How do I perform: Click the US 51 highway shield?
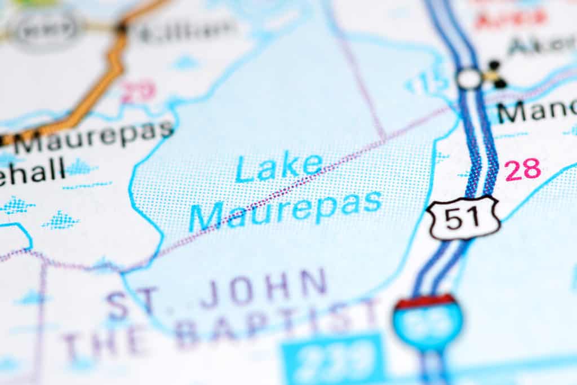click(463, 218)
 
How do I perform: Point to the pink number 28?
click(522, 170)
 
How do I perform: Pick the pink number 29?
click(138, 92)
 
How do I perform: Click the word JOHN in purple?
click(263, 289)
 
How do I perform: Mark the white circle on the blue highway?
click(469, 79)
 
